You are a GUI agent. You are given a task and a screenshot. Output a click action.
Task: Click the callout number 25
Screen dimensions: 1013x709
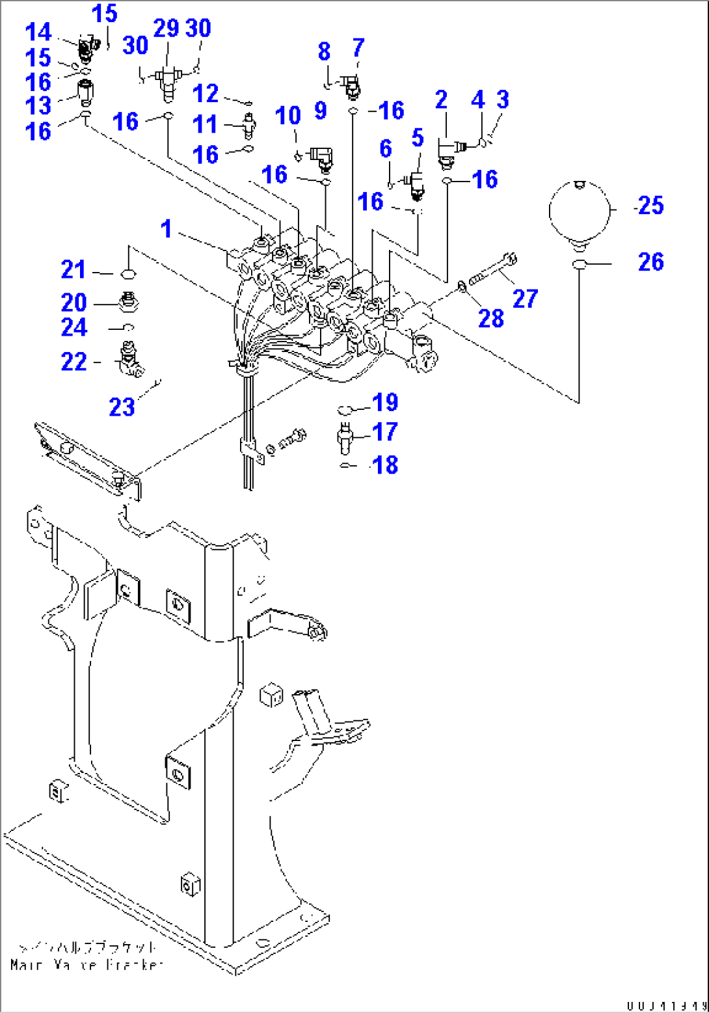651,206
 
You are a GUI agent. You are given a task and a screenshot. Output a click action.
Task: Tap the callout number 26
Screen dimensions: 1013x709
650,262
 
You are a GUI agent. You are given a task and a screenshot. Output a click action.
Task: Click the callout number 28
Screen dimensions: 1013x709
491,318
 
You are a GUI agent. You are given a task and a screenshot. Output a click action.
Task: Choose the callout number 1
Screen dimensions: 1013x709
167,229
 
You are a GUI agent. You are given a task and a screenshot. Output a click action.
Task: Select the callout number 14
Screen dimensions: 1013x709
38,32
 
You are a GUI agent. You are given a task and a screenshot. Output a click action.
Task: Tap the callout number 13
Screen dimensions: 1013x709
38,105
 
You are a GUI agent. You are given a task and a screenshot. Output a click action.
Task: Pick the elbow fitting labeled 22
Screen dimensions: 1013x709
130,360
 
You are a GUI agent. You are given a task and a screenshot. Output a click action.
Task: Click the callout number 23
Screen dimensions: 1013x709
122,407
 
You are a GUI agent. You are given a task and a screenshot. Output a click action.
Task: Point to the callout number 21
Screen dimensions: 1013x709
74,269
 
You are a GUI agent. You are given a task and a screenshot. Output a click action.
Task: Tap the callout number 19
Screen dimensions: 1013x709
385,403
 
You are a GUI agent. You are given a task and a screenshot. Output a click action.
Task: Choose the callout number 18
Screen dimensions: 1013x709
385,465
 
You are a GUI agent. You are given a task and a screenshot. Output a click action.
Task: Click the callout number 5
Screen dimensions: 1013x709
418,138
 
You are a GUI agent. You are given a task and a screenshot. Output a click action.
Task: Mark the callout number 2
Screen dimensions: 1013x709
442,100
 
